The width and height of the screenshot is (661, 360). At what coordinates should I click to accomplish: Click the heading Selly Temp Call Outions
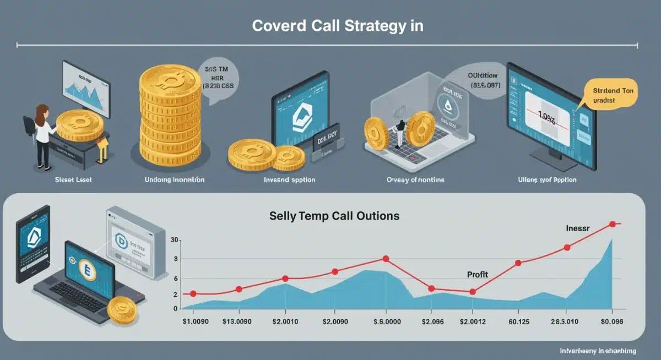(x=334, y=216)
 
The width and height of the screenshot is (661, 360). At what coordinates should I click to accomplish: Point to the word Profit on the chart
(x=477, y=274)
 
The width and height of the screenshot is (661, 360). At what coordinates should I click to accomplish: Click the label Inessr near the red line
(x=578, y=228)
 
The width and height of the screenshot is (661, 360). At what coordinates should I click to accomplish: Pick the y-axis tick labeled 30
(x=175, y=240)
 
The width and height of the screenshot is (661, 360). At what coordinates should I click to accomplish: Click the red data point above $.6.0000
(x=386, y=259)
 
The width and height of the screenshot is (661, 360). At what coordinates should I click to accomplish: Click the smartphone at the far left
(x=32, y=244)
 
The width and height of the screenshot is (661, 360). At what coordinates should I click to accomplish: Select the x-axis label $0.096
(x=610, y=321)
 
